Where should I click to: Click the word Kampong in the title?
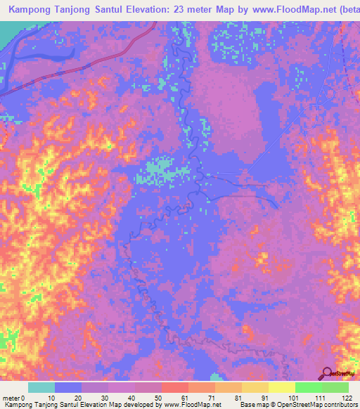pyautogui.click(x=32, y=11)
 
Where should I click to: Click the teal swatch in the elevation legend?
pyautogui.click(x=41, y=387)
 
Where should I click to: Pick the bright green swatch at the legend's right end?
pyautogui.click(x=335, y=387)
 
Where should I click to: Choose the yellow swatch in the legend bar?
pyautogui.click(x=282, y=387)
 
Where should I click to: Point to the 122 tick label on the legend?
pyautogui.click(x=347, y=397)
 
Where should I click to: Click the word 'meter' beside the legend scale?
pyautogui.click(x=11, y=397)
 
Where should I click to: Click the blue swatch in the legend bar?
pyautogui.click(x=68, y=387)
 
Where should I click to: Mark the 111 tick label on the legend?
pyautogui.click(x=321, y=397)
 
